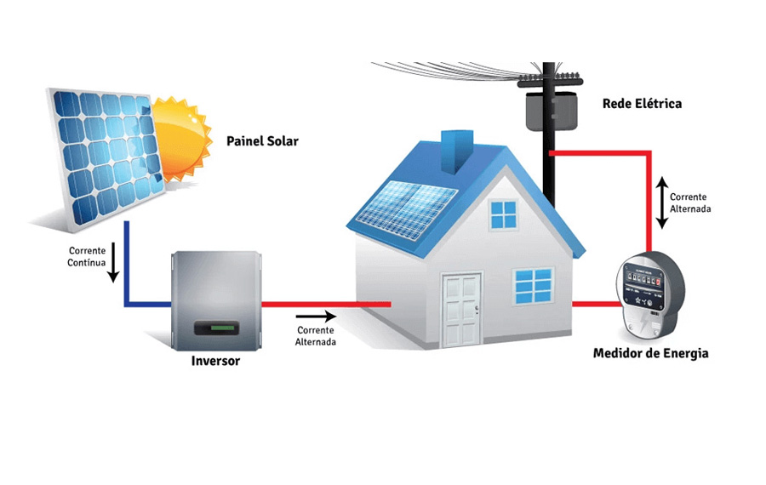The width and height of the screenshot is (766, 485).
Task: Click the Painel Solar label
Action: [262, 141]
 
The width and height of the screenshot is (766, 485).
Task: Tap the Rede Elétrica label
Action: [642, 104]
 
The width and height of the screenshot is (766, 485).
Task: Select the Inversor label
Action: [215, 361]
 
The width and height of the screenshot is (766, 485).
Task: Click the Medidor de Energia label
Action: [650, 352]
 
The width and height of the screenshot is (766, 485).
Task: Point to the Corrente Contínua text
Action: [87, 257]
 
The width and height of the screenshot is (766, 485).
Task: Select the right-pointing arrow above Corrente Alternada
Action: [316, 317]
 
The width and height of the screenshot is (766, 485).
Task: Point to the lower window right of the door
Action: [534, 287]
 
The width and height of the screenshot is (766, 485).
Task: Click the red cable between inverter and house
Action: [323, 304]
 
